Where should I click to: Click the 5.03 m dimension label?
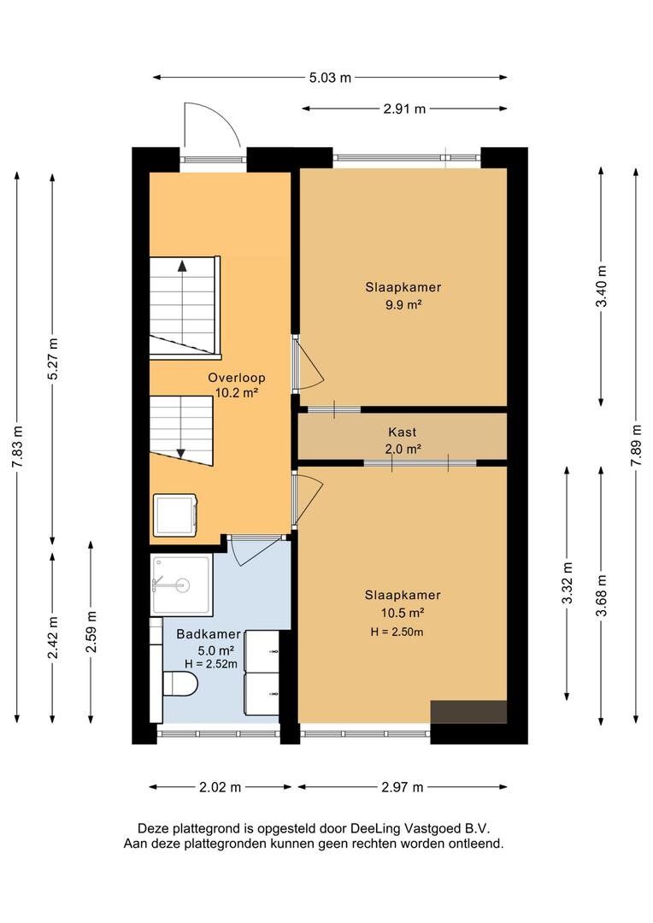point(330,77)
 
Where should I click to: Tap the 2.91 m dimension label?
point(404,109)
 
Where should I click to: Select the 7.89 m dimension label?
point(636,445)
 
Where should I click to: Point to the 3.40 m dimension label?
point(601,286)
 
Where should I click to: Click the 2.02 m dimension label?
point(221,787)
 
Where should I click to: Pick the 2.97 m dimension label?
point(403,787)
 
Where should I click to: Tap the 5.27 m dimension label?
point(53,359)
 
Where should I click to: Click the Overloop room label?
point(237,378)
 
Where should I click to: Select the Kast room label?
point(403,432)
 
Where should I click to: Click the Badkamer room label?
point(209,634)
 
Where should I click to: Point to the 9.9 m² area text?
point(403,305)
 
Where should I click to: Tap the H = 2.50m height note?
point(397,632)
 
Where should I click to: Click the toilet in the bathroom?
point(180,684)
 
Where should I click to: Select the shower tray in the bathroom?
point(180,584)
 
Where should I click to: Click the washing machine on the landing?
point(175,515)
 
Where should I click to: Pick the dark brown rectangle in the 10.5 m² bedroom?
point(468,712)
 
